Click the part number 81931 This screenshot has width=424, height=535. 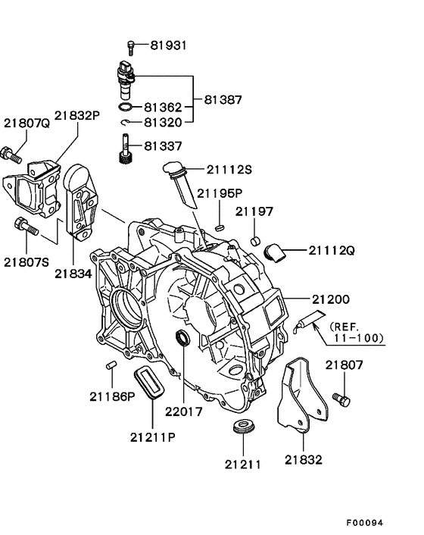click(169, 45)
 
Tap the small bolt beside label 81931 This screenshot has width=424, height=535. click(131, 48)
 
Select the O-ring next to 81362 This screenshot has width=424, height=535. click(126, 107)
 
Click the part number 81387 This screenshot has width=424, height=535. click(223, 99)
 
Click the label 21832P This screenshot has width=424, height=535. click(77, 116)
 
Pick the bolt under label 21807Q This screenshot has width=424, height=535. click(11, 155)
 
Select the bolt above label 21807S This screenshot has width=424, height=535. click(26, 227)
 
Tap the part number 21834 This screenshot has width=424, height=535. click(73, 274)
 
